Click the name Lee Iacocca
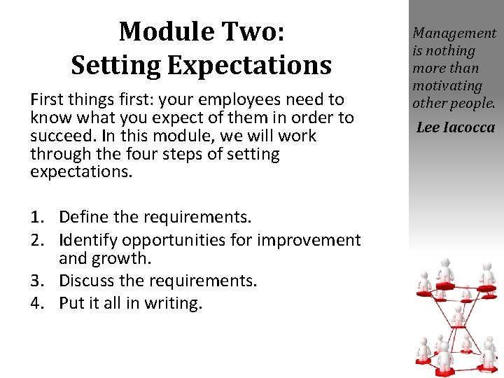(455, 127)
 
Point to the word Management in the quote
(454, 33)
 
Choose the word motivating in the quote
(447, 85)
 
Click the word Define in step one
(84, 217)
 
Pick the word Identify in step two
(88, 240)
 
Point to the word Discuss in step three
(87, 281)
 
